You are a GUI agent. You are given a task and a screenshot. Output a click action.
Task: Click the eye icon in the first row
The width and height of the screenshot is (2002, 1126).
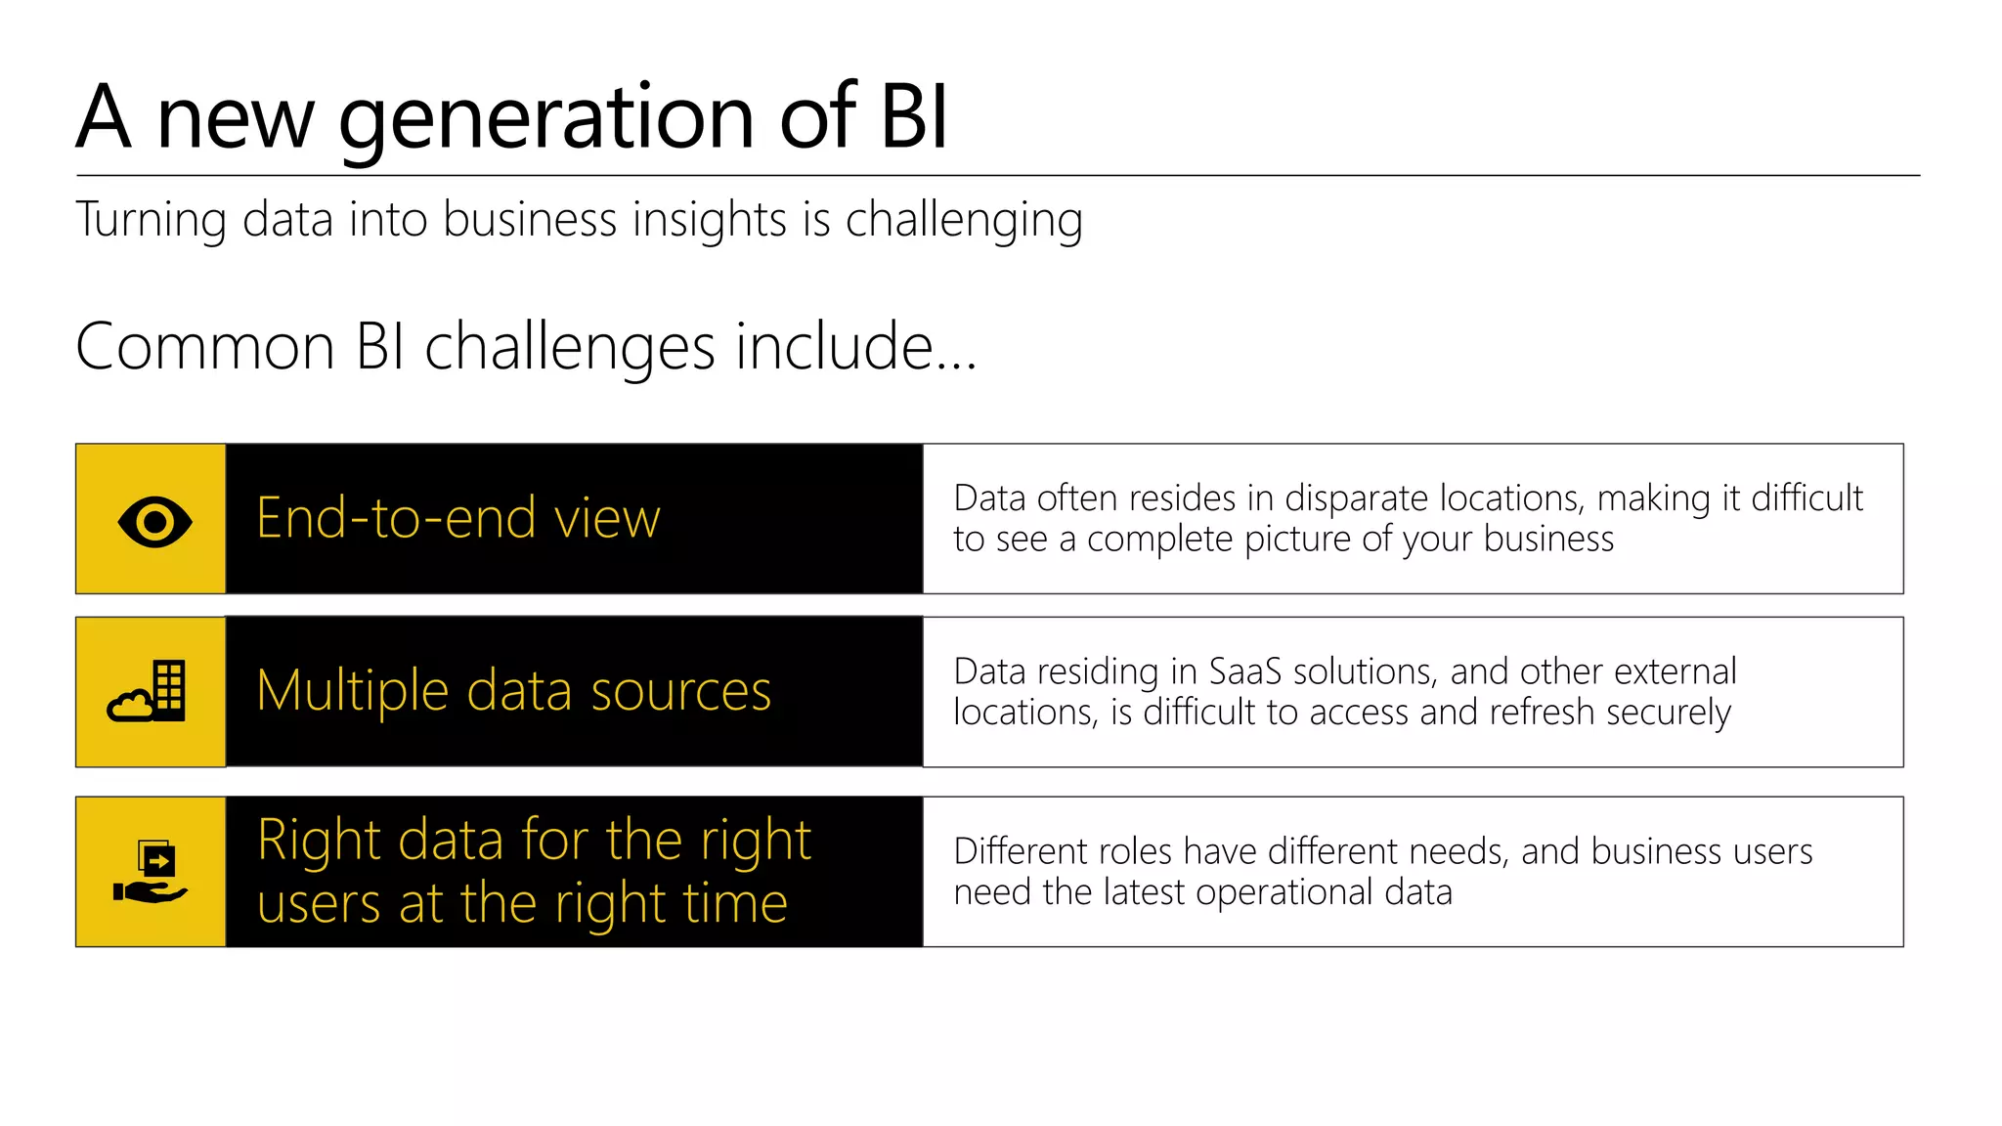(154, 521)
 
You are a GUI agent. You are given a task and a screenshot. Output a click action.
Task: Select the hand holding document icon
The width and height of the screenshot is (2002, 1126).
(151, 872)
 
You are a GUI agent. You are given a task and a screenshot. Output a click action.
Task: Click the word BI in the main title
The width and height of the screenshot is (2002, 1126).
(913, 117)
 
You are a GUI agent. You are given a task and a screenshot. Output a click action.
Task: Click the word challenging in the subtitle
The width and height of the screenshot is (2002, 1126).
(963, 220)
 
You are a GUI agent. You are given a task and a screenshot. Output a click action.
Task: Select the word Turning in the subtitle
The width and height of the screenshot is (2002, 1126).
(151, 220)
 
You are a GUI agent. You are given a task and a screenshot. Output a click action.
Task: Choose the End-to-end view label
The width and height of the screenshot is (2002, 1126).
(457, 518)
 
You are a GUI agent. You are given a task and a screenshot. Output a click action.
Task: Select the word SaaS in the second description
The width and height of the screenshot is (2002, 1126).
(1244, 671)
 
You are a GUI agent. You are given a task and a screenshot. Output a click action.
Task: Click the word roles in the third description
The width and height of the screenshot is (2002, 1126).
(1136, 851)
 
